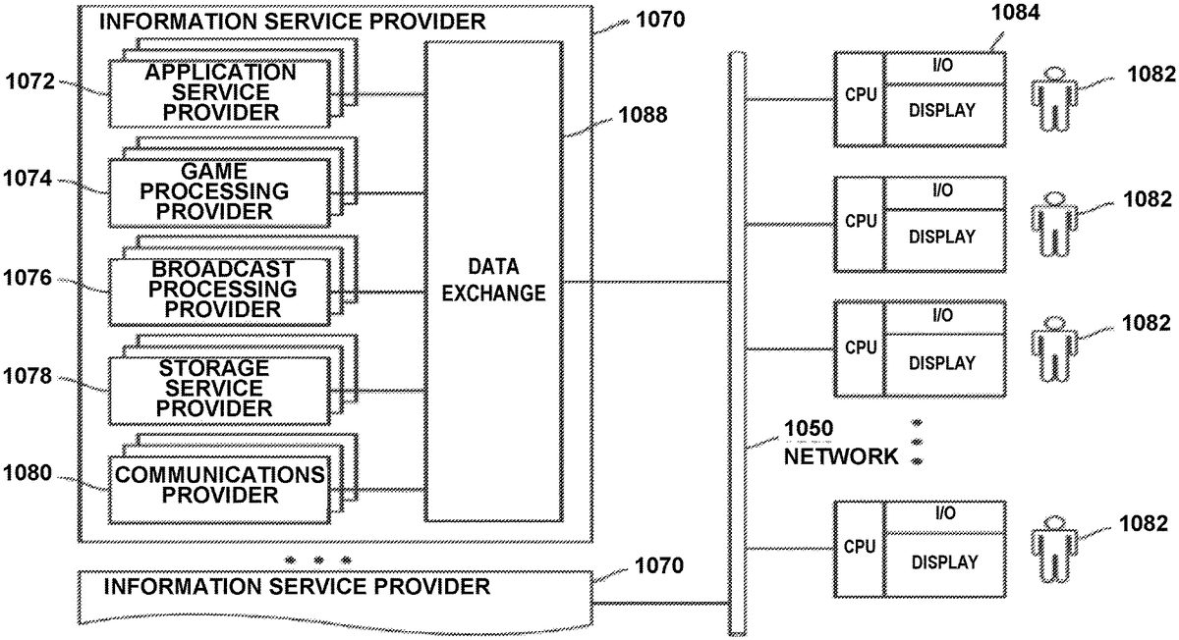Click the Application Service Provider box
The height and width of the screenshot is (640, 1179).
pyautogui.click(x=220, y=92)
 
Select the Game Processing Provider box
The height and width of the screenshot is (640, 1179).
pyautogui.click(x=220, y=190)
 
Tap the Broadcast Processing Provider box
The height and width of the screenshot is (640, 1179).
pyautogui.click(x=220, y=290)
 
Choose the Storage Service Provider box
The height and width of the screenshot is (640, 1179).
pyautogui.click(x=220, y=388)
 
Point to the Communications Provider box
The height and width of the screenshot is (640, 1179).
pyautogui.click(x=220, y=485)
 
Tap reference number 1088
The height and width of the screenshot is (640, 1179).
pyautogui.click(x=643, y=115)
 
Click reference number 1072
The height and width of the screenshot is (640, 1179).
pyautogui.click(x=29, y=80)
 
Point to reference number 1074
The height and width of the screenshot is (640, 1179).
pyautogui.click(x=29, y=179)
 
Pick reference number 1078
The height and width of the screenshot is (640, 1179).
pyautogui.click(x=29, y=376)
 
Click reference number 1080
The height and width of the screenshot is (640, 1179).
pyautogui.click(x=29, y=473)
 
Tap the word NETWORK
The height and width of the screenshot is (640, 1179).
pyautogui.click(x=841, y=456)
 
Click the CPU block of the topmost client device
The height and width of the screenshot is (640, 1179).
pyautogui.click(x=860, y=99)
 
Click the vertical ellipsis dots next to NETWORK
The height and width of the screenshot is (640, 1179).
pyautogui.click(x=917, y=442)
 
